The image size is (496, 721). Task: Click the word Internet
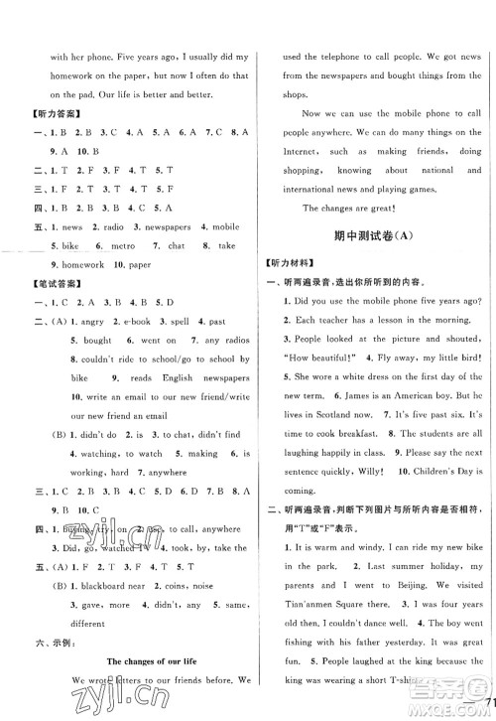point(291,152)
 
